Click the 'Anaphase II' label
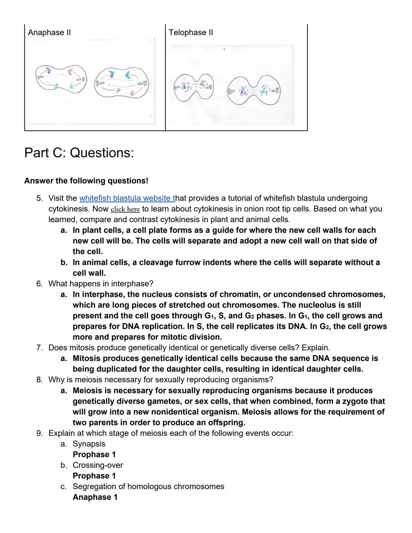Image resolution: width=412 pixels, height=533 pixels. pos(49,32)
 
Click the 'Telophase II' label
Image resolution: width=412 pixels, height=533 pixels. pos(191,32)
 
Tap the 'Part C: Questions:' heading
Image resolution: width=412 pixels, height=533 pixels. pos(79,153)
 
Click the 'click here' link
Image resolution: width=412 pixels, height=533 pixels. pos(125,209)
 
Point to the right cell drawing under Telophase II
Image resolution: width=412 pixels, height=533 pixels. pos(254,90)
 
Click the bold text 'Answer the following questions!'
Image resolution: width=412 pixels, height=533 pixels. pos(86,181)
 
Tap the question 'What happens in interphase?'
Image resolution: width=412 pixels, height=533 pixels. pos(101,284)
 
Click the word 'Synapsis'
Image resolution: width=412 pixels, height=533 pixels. pos(89,444)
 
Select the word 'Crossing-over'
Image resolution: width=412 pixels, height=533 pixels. pos(98,465)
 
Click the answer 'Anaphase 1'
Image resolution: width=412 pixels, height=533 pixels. pos(95,497)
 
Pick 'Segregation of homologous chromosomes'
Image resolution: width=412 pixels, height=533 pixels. pos(148,486)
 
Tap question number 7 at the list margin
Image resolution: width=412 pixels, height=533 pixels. pos(39,348)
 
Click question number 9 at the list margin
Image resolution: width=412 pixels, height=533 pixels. pos(39,433)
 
